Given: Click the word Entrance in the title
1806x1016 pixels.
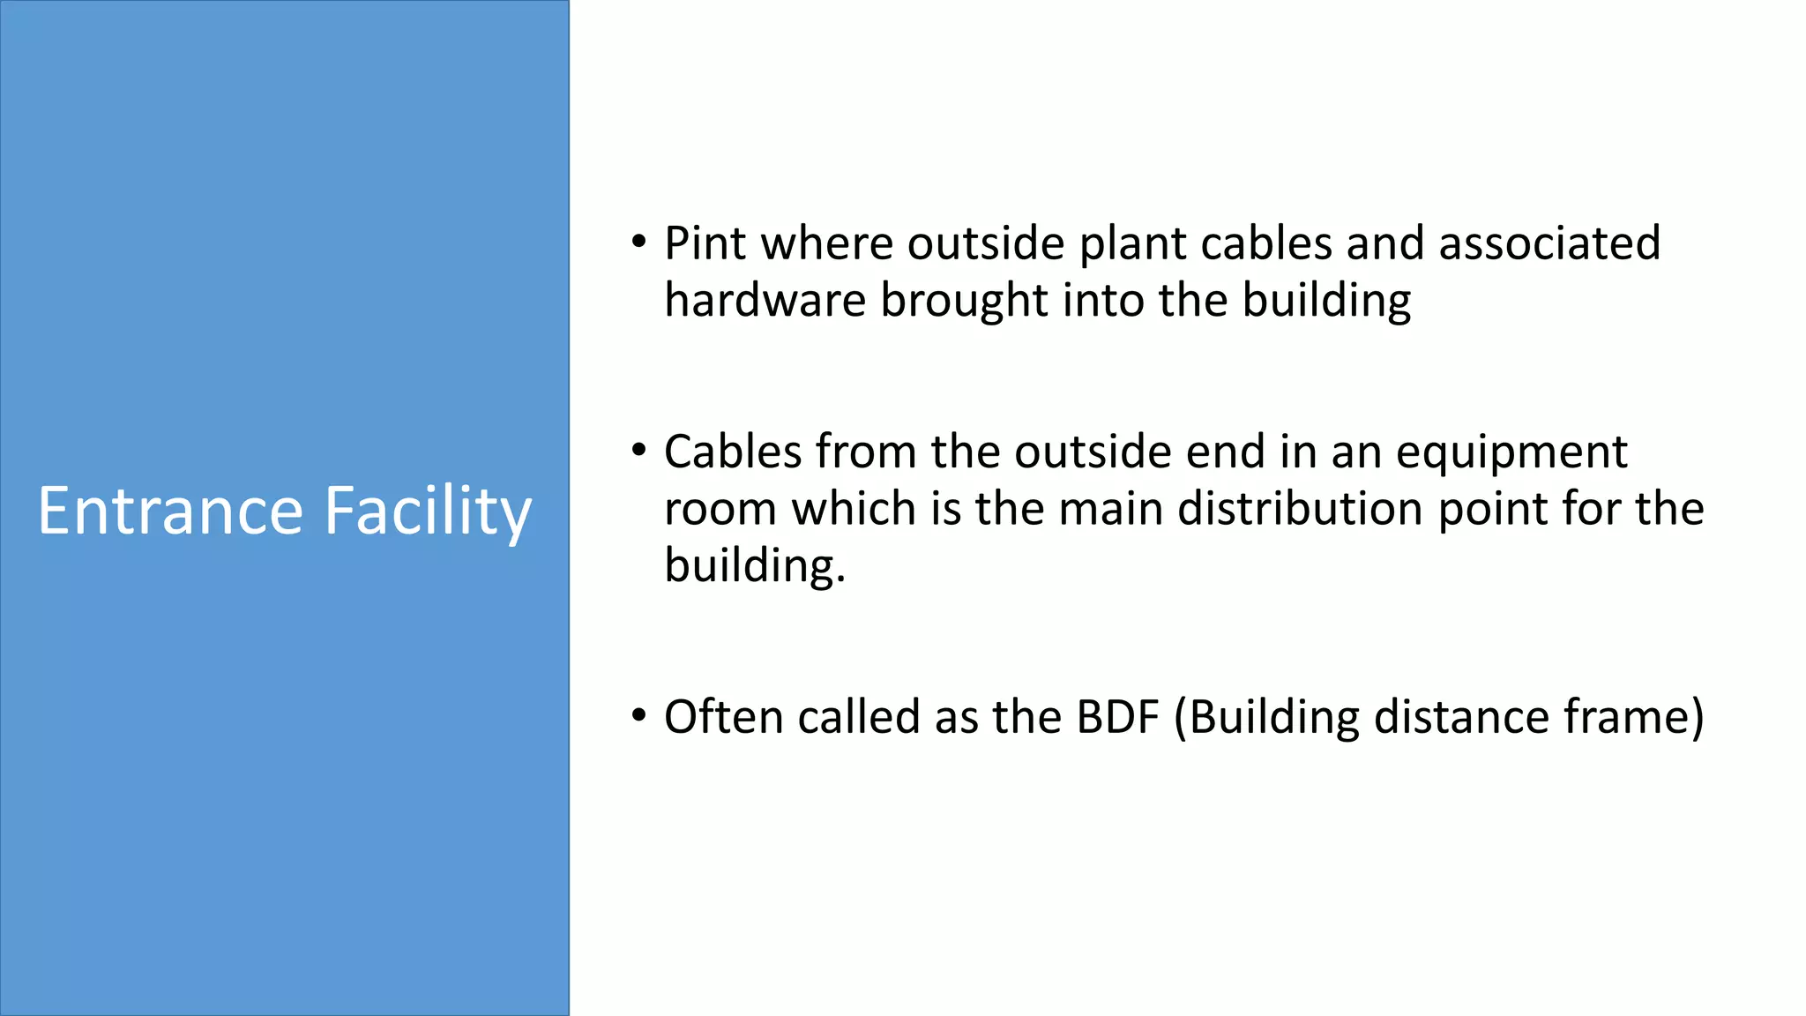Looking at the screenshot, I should pos(170,511).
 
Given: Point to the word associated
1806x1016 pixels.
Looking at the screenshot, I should pos(1549,243).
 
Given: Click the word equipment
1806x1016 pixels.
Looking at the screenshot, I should pos(1511,453).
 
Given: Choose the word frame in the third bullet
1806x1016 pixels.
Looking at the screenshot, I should pos(1633,716).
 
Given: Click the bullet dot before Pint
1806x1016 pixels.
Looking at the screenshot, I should pos(639,242).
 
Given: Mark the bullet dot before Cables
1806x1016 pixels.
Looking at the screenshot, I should pos(639,451).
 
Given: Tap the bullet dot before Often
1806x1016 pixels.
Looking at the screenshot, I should pos(639,715).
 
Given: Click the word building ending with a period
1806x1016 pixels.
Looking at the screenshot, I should pos(754,566).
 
